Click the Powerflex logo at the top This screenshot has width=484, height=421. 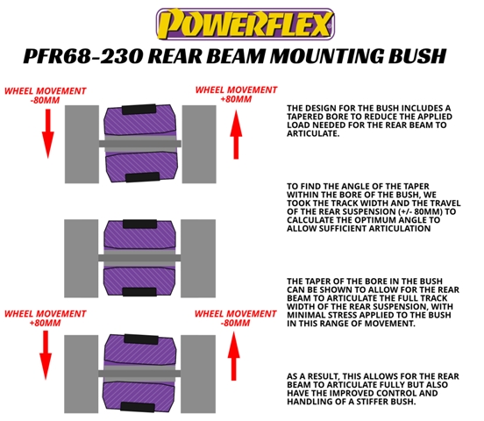[x=246, y=24]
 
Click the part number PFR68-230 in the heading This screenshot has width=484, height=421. [x=83, y=56]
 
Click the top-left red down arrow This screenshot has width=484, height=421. [x=48, y=133]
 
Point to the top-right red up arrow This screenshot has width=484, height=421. [x=236, y=135]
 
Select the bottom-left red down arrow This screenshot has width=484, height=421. [x=46, y=355]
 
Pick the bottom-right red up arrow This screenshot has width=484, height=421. [x=233, y=356]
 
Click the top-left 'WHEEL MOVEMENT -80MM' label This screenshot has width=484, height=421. [x=46, y=96]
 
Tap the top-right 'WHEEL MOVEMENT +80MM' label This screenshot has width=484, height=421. [x=236, y=95]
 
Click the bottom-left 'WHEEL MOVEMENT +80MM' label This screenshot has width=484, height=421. [x=45, y=318]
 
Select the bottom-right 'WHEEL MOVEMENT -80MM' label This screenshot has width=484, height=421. [x=236, y=318]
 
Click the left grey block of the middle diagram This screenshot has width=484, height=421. [x=82, y=259]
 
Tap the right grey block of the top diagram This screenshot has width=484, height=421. [x=199, y=144]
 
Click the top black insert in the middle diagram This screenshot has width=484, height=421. [x=139, y=224]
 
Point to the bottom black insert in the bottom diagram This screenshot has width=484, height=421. [x=138, y=407]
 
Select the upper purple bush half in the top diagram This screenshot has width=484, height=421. [x=140, y=121]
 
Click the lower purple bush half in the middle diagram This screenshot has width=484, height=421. [x=139, y=282]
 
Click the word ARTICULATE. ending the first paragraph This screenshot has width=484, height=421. [x=313, y=133]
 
